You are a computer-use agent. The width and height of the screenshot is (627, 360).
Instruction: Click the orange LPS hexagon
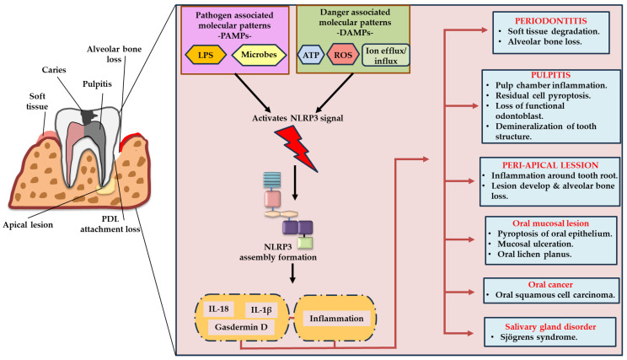[206, 55]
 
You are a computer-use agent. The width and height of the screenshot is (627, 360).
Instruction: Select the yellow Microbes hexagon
[259, 55]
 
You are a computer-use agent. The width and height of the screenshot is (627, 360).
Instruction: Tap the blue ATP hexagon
[311, 55]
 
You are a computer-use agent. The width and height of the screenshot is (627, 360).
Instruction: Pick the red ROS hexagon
[343, 55]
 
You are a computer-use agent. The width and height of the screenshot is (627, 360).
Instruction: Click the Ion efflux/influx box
[385, 55]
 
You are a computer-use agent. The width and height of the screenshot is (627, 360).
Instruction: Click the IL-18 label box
[219, 309]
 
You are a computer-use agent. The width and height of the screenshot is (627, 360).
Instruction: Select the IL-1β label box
[261, 309]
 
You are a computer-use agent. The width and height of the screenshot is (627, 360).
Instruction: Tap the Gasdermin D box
[241, 327]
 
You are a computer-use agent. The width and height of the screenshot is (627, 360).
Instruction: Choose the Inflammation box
[337, 319]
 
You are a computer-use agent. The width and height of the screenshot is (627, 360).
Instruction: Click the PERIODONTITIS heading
[550, 21]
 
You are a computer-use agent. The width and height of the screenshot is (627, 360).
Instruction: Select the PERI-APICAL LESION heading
[550, 165]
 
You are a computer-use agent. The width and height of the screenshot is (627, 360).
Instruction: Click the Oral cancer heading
[550, 284]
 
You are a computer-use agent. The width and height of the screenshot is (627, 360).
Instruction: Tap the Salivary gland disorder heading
[550, 327]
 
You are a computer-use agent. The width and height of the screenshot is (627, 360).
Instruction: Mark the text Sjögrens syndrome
[539, 337]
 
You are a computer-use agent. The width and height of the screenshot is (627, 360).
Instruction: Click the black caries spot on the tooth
[89, 116]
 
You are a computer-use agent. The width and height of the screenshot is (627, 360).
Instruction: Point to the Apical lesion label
[28, 225]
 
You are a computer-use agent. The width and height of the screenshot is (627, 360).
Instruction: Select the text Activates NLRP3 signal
[297, 118]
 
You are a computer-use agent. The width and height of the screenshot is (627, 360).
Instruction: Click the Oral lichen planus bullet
[534, 255]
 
